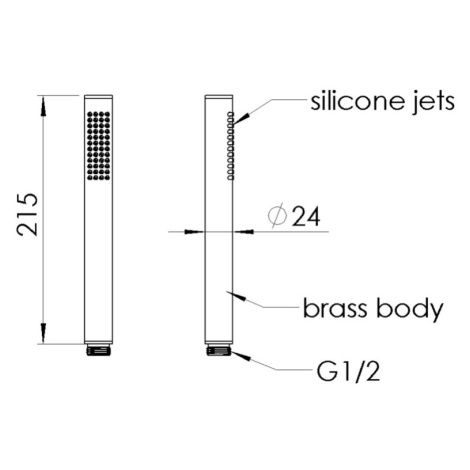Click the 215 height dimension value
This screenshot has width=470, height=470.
click(28, 215)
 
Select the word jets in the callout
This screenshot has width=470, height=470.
click(435, 102)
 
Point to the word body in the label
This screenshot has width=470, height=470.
click(410, 310)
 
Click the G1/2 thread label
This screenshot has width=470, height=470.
click(349, 371)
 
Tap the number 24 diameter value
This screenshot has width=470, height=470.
click(306, 217)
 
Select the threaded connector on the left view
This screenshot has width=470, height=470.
click(98, 350)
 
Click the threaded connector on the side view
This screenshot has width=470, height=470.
click(219, 350)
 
